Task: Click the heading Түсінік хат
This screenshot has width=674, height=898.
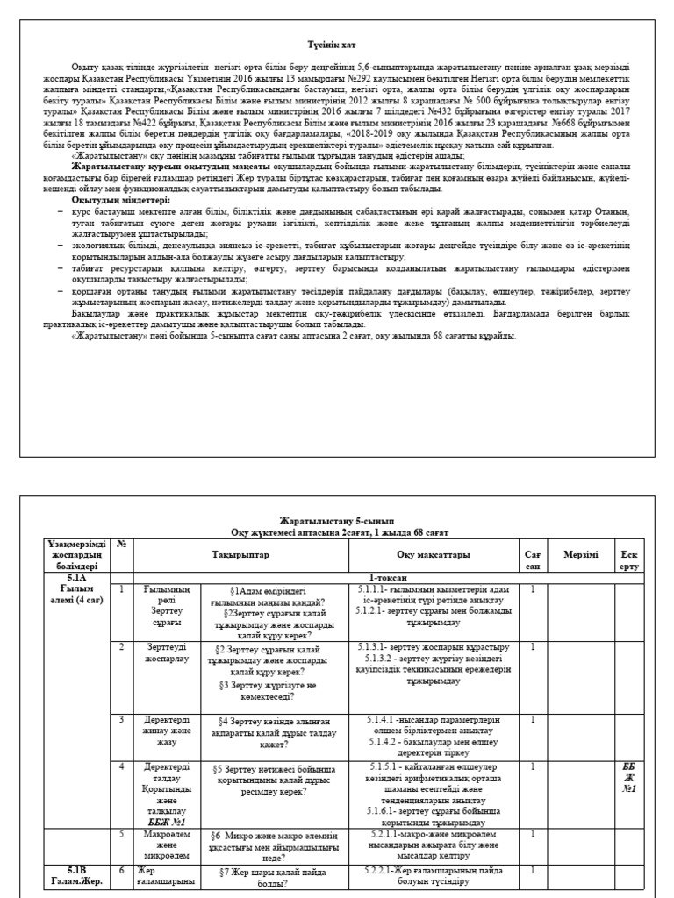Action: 337,42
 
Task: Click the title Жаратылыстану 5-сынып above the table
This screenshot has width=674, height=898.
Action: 337,521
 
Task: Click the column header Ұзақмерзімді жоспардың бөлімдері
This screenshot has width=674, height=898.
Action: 77,555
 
